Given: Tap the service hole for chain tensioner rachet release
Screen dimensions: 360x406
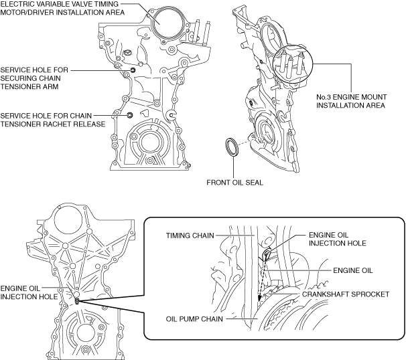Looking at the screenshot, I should (x=130, y=115).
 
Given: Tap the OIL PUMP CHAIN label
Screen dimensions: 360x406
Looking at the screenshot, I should (x=195, y=319).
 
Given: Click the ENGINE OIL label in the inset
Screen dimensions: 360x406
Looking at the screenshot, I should (x=352, y=270).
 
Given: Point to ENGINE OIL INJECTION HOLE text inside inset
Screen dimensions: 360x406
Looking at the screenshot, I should (x=338, y=240).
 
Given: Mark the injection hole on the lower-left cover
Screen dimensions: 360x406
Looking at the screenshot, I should (x=77, y=299).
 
